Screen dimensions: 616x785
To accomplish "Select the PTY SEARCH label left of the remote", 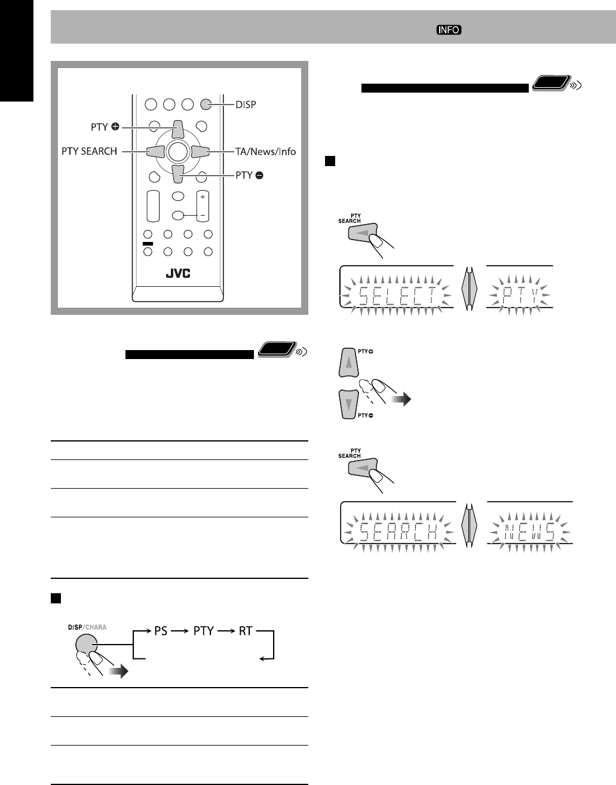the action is tap(90, 151).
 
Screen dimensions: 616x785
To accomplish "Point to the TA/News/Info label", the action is tap(265, 151).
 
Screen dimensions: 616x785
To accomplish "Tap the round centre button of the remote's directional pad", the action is tap(177, 152).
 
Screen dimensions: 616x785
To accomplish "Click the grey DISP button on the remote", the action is tap(206, 104).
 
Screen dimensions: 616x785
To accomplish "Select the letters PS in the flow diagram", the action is tap(161, 630).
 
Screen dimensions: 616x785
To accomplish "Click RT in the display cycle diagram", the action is tap(246, 630).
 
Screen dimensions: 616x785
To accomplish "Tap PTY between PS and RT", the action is tap(203, 630).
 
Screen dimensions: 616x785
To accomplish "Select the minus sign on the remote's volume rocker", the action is tap(203, 214).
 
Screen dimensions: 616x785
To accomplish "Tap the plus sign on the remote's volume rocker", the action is tap(203, 197).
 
